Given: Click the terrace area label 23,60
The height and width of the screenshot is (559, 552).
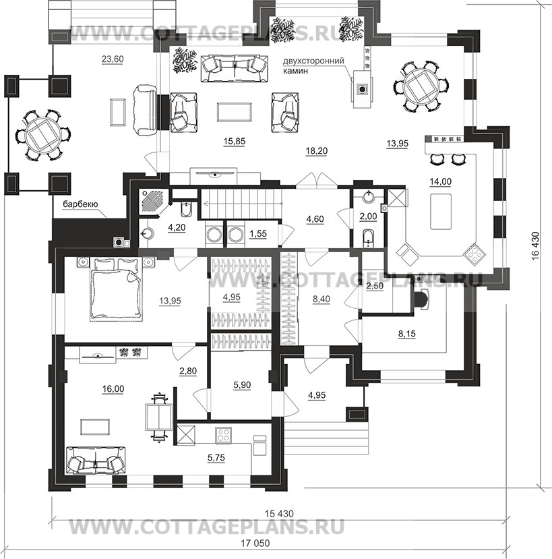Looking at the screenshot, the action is coord(113,59).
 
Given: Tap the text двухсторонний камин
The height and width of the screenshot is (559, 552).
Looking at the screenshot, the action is coord(313,65).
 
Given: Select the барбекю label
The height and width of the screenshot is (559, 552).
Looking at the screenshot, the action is coord(80,204).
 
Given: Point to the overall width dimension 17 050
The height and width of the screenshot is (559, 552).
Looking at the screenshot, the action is coord(255,543).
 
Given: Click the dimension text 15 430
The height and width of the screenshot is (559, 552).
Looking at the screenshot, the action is coord(279,514).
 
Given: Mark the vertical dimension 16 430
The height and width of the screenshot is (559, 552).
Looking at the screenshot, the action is coord(535,252).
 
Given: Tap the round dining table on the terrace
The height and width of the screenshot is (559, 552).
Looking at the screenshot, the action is coord(42,136).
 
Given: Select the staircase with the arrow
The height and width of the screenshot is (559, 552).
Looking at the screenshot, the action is coord(241,204).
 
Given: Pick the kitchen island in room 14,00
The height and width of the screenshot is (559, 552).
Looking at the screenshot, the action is coord(441,212).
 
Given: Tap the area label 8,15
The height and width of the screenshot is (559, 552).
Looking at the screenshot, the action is coord(407,334).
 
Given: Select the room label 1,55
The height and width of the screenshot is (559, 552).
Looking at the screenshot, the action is coord(258,234).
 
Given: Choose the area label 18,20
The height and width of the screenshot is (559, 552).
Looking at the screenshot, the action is coord(317,151).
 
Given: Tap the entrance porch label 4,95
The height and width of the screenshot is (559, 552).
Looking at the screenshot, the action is coord(317,395).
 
